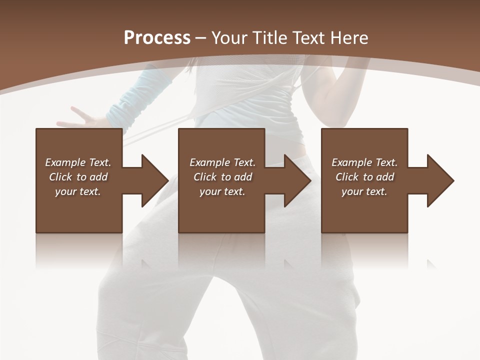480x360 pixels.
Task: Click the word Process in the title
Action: (157, 37)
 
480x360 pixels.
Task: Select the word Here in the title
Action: (349, 37)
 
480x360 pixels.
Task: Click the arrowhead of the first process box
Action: (155, 180)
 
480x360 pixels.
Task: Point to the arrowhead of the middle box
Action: (298, 180)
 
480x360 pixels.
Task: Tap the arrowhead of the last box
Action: (440, 180)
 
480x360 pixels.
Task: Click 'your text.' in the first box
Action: (78, 191)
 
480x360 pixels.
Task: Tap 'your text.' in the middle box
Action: (222, 191)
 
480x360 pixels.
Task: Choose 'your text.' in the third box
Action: (364, 191)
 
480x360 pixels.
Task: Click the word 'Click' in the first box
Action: (61, 177)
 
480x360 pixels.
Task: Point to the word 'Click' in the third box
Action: (347, 177)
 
